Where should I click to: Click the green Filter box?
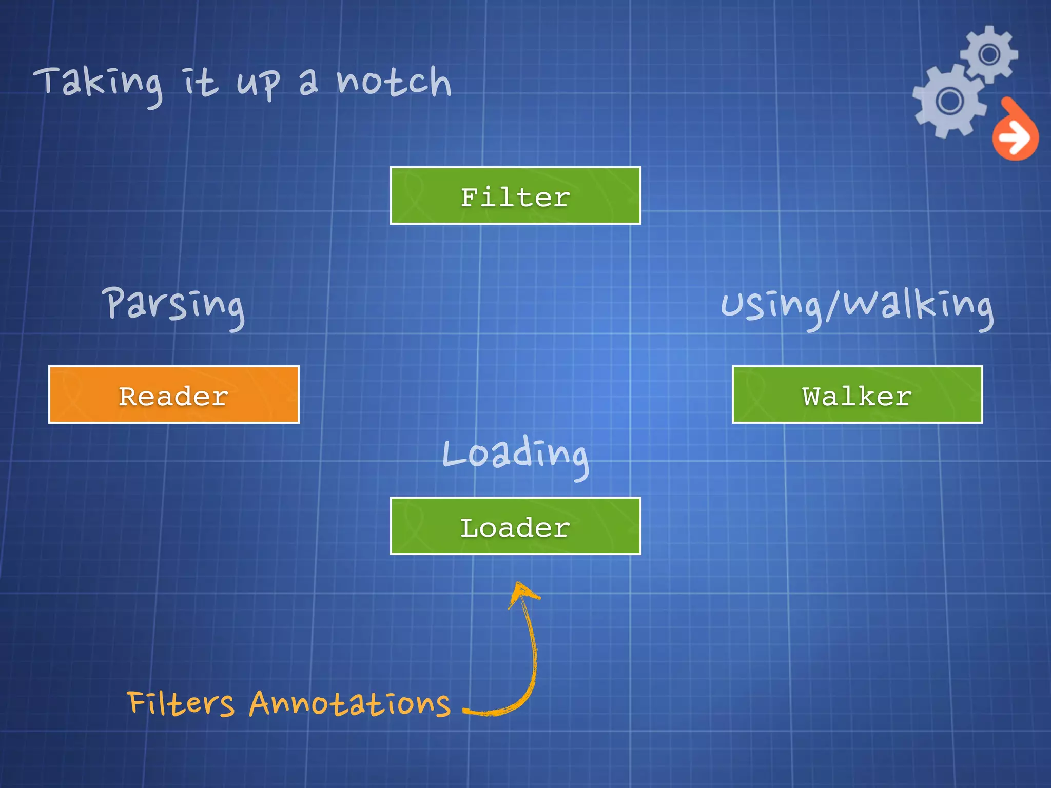515,195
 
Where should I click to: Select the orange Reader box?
173,395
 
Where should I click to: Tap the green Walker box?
857,395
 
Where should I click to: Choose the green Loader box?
515,526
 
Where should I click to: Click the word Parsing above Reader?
173,305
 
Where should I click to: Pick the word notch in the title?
394,82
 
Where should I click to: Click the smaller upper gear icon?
989,54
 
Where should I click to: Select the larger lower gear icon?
949,101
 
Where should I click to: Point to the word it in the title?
201,82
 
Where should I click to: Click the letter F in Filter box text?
470,197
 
